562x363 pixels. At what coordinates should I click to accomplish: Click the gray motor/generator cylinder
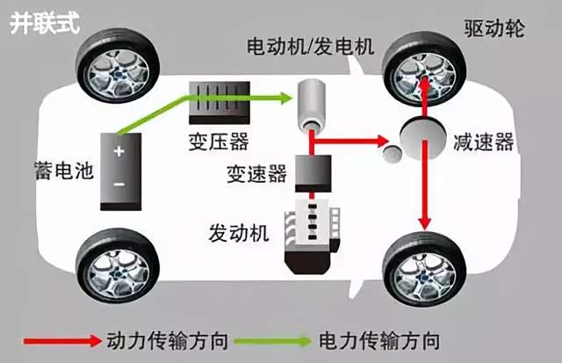pyautogui.click(x=312, y=105)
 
